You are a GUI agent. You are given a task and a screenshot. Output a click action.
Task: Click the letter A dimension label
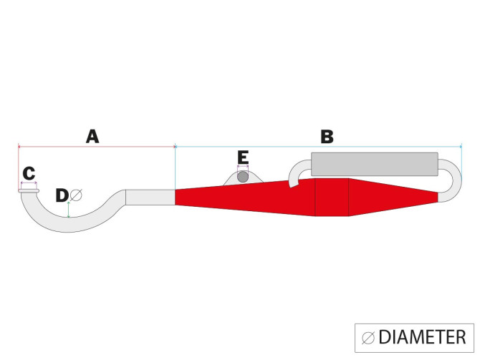(92, 137)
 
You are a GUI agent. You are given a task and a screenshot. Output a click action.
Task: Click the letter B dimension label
(327, 137)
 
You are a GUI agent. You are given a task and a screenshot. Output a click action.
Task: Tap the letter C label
(29, 173)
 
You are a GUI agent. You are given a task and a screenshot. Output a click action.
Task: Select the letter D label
(62, 195)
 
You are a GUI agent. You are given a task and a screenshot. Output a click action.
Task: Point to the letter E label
(243, 158)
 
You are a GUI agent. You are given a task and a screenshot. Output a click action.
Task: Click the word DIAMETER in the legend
(423, 337)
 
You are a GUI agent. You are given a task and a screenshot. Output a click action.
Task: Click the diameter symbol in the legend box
(368, 338)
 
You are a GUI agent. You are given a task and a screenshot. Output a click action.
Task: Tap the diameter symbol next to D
(76, 195)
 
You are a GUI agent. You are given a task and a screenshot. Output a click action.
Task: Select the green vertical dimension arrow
(69, 210)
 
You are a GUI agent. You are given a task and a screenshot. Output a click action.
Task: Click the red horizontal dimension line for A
(97, 147)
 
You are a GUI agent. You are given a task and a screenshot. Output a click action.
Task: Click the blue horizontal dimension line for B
(318, 147)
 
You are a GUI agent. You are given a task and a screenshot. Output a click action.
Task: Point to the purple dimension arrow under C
(29, 183)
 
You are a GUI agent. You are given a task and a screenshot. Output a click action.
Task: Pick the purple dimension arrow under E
(243, 167)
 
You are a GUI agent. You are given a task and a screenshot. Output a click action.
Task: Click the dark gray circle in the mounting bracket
(243, 177)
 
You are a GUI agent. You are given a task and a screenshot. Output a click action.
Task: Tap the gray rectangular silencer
(375, 164)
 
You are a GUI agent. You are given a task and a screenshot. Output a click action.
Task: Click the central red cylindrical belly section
(332, 197)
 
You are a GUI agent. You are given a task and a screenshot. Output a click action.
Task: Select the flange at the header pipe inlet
(29, 191)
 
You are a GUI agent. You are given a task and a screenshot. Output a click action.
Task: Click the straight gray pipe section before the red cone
(150, 198)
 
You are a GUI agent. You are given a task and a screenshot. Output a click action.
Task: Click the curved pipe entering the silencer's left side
(300, 172)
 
